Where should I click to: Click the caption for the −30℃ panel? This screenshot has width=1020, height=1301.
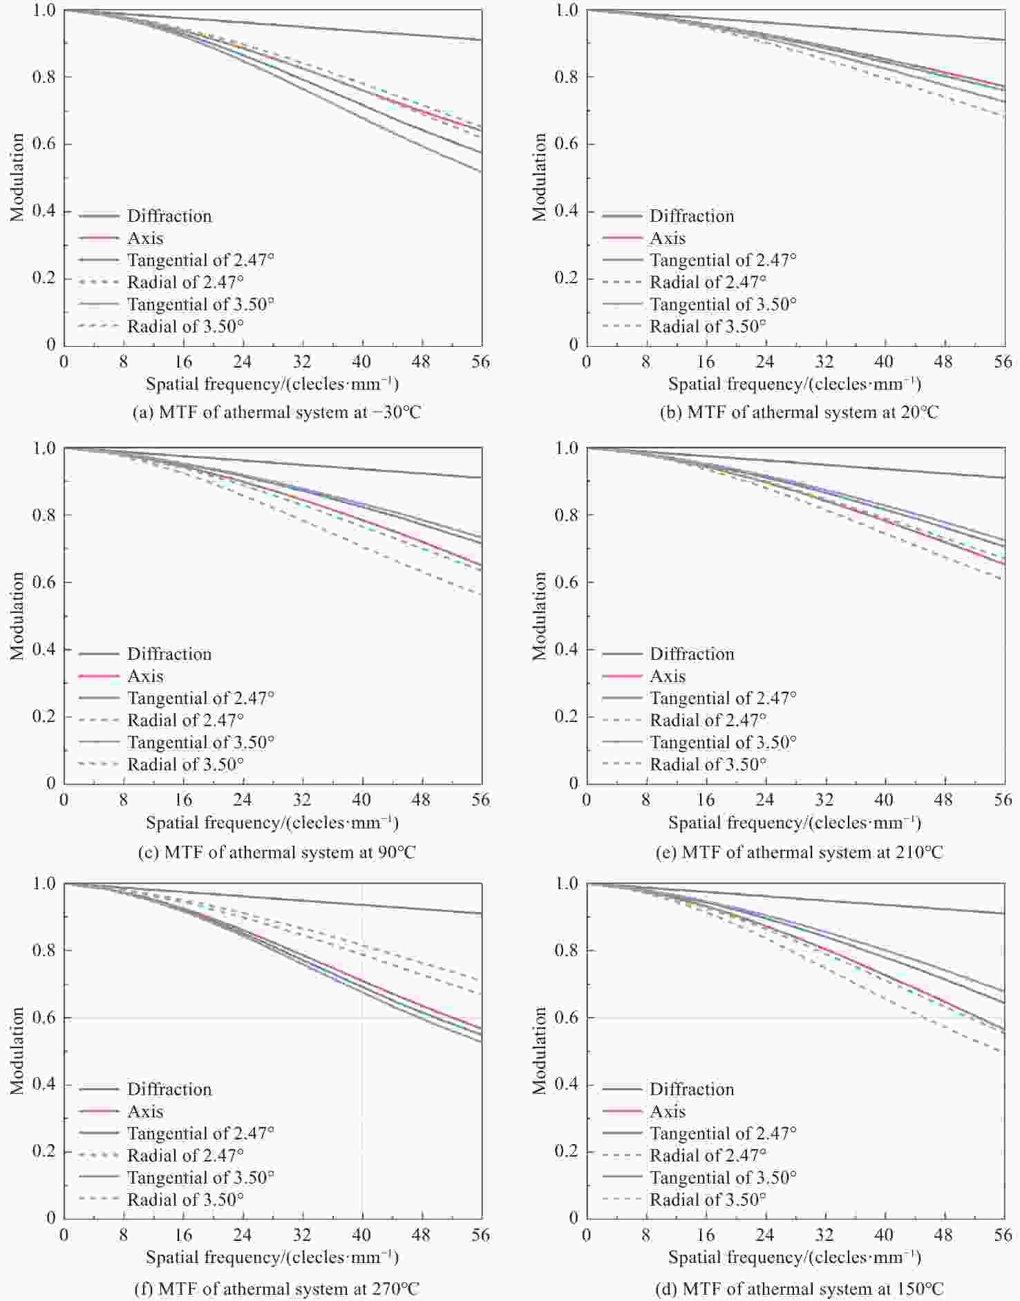point(276,412)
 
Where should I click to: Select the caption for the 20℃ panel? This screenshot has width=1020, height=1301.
point(799,412)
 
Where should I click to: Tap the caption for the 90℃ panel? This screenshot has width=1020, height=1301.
point(276,852)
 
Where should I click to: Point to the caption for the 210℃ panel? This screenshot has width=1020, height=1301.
point(799,852)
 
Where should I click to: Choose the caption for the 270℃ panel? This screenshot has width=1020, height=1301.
point(276,1289)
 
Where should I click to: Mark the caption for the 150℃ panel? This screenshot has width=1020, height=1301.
point(799,1289)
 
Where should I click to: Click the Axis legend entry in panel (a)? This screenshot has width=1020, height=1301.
point(145,238)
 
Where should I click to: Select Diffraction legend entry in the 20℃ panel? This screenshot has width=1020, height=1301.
point(691,216)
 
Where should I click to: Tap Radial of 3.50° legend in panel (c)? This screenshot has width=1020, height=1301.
point(185,764)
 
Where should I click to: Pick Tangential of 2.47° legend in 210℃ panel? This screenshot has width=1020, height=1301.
point(723,698)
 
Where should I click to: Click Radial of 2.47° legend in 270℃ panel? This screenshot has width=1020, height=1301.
point(185,1155)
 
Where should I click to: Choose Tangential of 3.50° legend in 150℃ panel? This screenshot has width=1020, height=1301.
point(723,1177)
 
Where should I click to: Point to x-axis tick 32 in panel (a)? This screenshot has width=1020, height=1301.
point(302,361)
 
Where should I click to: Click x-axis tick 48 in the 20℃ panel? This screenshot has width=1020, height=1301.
point(943,361)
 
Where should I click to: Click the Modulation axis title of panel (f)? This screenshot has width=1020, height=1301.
point(17,1050)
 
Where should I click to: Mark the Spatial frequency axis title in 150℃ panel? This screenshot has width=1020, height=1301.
point(795,1257)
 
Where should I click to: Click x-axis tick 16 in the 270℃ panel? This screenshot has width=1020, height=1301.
point(183,1235)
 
